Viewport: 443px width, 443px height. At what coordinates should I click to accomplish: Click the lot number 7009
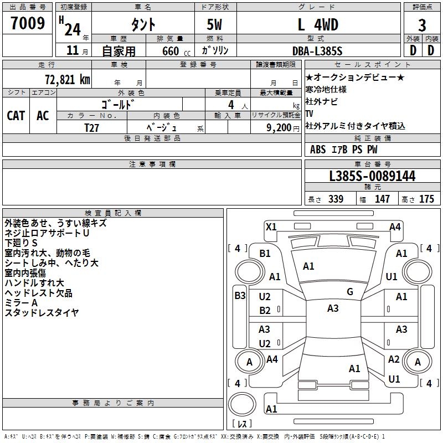click(28, 23)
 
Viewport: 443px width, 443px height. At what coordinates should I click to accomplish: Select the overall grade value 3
click(422, 25)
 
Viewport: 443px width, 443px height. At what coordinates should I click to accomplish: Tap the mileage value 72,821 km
click(68, 80)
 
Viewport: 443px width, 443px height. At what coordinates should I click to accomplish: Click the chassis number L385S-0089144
click(372, 176)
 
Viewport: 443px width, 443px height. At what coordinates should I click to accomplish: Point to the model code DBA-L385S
click(317, 51)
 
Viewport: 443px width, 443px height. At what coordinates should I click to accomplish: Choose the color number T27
click(91, 128)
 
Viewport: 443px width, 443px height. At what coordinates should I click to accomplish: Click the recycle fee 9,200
click(279, 128)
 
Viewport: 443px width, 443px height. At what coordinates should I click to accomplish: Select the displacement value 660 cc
click(176, 51)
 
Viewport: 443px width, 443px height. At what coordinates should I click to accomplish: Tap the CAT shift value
click(16, 116)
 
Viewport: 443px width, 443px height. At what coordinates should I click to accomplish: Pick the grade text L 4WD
click(318, 25)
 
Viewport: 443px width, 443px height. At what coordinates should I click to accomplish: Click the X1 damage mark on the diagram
click(271, 227)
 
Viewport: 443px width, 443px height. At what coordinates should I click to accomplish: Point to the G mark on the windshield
click(350, 292)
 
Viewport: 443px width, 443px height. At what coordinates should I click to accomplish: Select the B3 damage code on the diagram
click(240, 296)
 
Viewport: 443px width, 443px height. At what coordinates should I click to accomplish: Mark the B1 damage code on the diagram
click(265, 254)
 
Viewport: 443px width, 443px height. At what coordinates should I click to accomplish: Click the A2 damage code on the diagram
click(394, 359)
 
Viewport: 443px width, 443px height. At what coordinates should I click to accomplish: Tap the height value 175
click(426, 199)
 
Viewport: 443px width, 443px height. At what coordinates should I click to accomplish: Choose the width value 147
click(382, 199)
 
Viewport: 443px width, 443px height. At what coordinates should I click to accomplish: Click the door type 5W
click(214, 25)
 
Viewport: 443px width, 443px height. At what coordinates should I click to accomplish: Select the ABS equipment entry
click(318, 150)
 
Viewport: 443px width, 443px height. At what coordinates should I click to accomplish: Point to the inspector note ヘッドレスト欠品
click(38, 293)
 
